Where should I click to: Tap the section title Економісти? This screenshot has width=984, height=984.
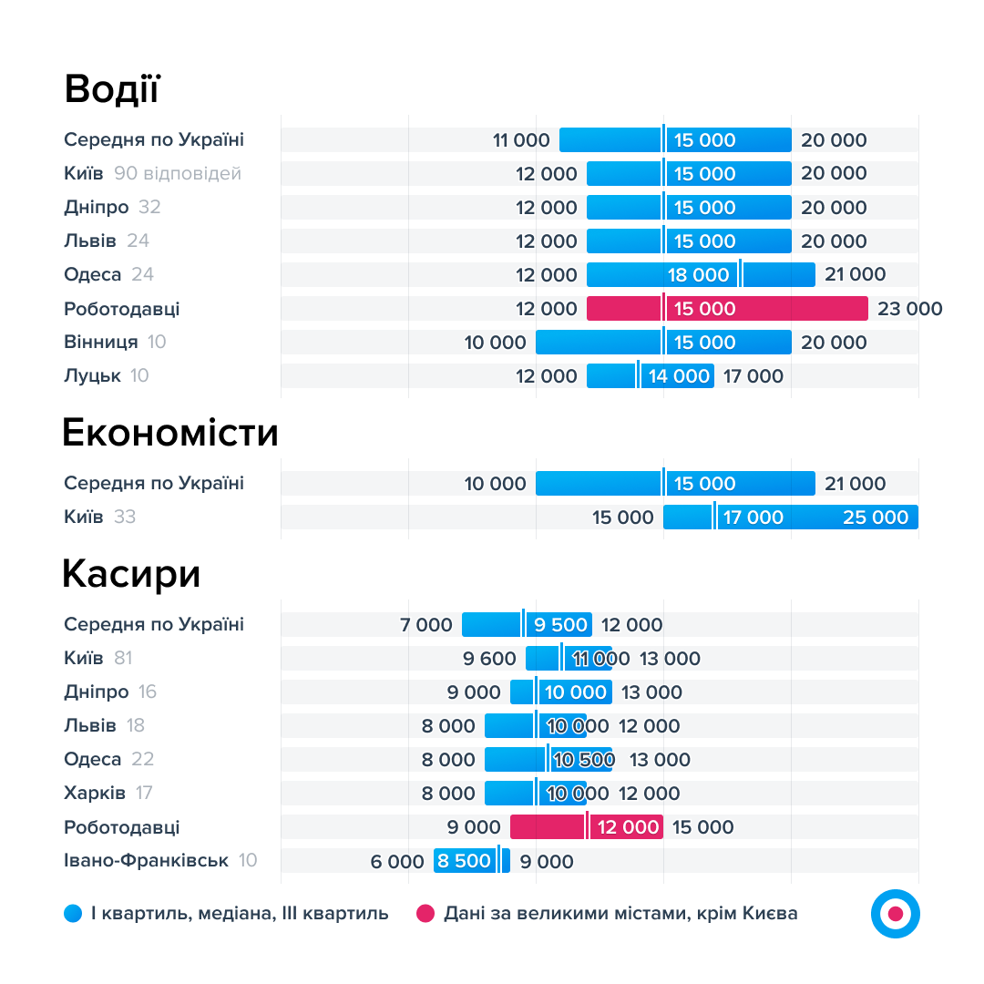[x=169, y=433]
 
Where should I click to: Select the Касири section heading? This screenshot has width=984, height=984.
[x=131, y=575]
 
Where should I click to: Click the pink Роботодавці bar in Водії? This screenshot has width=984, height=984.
[x=726, y=309]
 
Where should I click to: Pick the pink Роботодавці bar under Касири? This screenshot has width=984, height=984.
[x=586, y=827]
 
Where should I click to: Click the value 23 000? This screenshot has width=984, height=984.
[x=909, y=309]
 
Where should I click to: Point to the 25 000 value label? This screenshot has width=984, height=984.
[x=875, y=518]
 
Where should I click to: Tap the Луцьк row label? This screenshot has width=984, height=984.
[x=93, y=375]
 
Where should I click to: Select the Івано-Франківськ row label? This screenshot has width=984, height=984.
[x=146, y=860]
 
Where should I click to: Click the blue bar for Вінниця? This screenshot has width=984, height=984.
[x=663, y=343]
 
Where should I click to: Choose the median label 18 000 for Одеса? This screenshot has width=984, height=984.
[x=699, y=275]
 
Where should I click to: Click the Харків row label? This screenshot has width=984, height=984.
[x=95, y=793]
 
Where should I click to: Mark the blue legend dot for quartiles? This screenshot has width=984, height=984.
[x=74, y=913]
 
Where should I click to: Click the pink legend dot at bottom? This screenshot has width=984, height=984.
[x=425, y=913]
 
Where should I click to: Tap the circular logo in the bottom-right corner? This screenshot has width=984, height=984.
[x=895, y=913]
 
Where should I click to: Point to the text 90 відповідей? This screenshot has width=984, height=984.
[x=178, y=173]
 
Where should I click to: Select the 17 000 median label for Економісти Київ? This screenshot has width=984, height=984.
[x=753, y=518]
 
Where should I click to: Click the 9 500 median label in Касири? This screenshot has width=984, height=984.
[x=560, y=625]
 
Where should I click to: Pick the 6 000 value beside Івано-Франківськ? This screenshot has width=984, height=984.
[x=397, y=862]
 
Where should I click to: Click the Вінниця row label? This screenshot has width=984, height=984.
[x=101, y=342]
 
